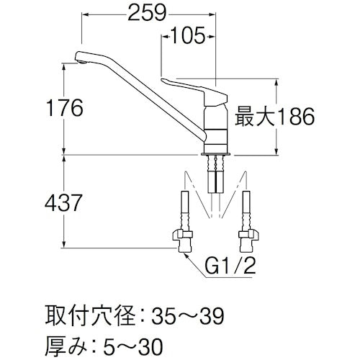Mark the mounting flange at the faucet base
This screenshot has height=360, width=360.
(x=217, y=153)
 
